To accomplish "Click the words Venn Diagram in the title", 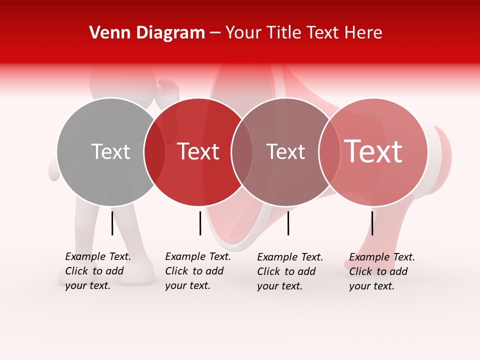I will click(147, 33).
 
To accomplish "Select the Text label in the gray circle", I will click(110, 151).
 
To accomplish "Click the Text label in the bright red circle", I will click(198, 151).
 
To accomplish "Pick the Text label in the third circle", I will click(285, 151).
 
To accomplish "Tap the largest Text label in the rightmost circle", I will click(373, 151).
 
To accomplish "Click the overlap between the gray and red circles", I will click(154, 152).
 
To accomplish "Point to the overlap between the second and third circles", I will click(242, 152).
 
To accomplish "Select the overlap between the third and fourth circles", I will click(329, 152).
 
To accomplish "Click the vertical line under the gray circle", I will click(112, 223).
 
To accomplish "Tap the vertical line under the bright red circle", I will click(200, 223).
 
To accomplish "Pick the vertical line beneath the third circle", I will click(288, 223).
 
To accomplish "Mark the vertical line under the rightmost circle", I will click(372, 223).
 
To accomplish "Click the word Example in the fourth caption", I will click(369, 257).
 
